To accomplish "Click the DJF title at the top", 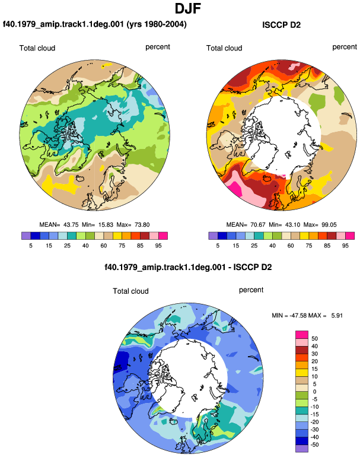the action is [x=188, y=8].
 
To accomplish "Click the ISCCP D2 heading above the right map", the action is [x=281, y=25].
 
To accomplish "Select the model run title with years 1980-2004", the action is [x=95, y=24].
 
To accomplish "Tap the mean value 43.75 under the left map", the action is [x=71, y=225].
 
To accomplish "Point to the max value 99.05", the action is [x=329, y=225].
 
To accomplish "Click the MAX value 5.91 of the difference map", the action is [x=337, y=315].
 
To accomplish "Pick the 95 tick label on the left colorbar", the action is [x=158, y=245].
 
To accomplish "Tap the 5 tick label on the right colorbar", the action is [x=218, y=245].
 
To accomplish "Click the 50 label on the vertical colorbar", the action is [x=314, y=338].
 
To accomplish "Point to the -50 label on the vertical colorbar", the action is [x=314, y=445].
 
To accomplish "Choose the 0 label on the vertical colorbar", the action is [x=314, y=392].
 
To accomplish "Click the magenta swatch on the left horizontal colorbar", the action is [x=163, y=236].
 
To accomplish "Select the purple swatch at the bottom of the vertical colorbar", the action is [x=302, y=448].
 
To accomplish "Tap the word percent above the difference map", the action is [x=251, y=290].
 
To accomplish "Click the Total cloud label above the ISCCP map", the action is [x=224, y=48].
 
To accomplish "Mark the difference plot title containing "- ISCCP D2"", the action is [x=188, y=267].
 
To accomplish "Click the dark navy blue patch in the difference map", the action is [x=121, y=361].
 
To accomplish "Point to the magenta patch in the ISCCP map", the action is [x=234, y=188].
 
